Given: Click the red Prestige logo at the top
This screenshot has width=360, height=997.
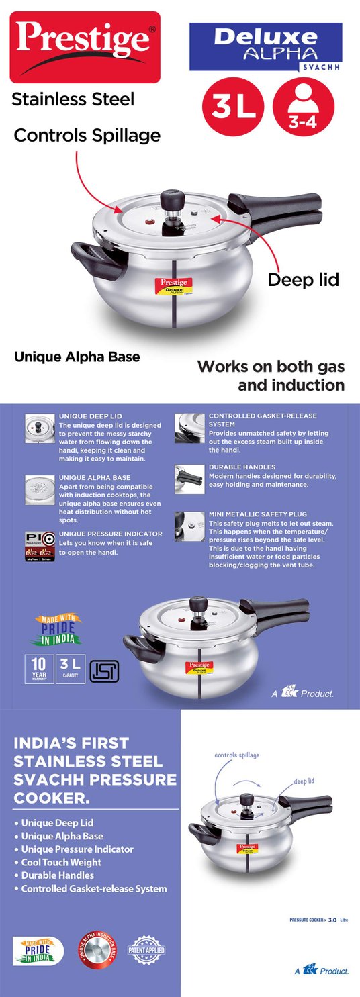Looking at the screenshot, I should point(85,46).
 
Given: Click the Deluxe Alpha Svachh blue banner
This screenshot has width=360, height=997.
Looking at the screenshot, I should point(265,46).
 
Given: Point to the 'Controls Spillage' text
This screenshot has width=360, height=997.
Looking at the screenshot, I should point(87,135).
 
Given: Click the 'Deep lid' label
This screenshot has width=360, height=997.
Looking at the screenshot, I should point(303,279).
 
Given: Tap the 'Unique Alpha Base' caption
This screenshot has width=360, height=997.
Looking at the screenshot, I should point(77,357).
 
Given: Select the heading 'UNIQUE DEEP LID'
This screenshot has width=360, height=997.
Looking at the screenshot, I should point(91,416).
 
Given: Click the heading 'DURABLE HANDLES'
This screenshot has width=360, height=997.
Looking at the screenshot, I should point(242,467).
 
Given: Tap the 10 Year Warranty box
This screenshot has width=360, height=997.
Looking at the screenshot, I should point(39,669).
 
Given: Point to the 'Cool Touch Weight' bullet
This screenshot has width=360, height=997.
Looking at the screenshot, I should point(62,862).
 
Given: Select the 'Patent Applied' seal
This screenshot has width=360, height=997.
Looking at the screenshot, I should point(146,950).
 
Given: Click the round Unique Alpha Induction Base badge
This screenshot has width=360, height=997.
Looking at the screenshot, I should point(98,950).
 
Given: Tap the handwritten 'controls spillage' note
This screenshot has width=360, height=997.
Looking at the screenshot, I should point(236,755).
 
